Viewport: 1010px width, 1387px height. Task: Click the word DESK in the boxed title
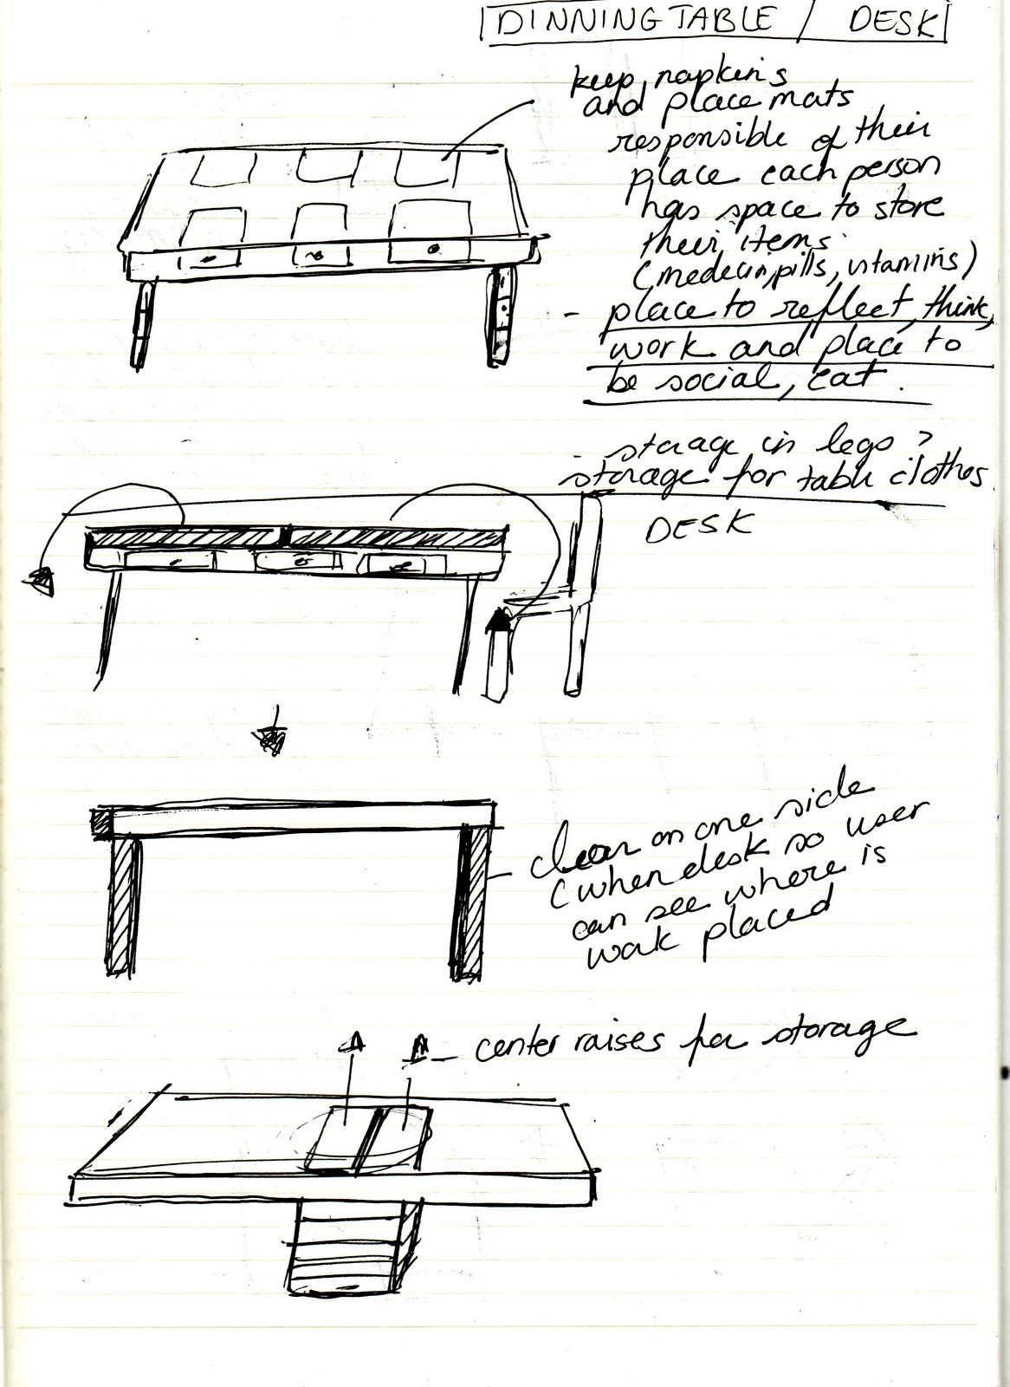pos(893,23)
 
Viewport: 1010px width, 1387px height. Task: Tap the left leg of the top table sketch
pos(141,325)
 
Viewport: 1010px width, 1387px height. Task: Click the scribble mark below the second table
pos(272,736)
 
